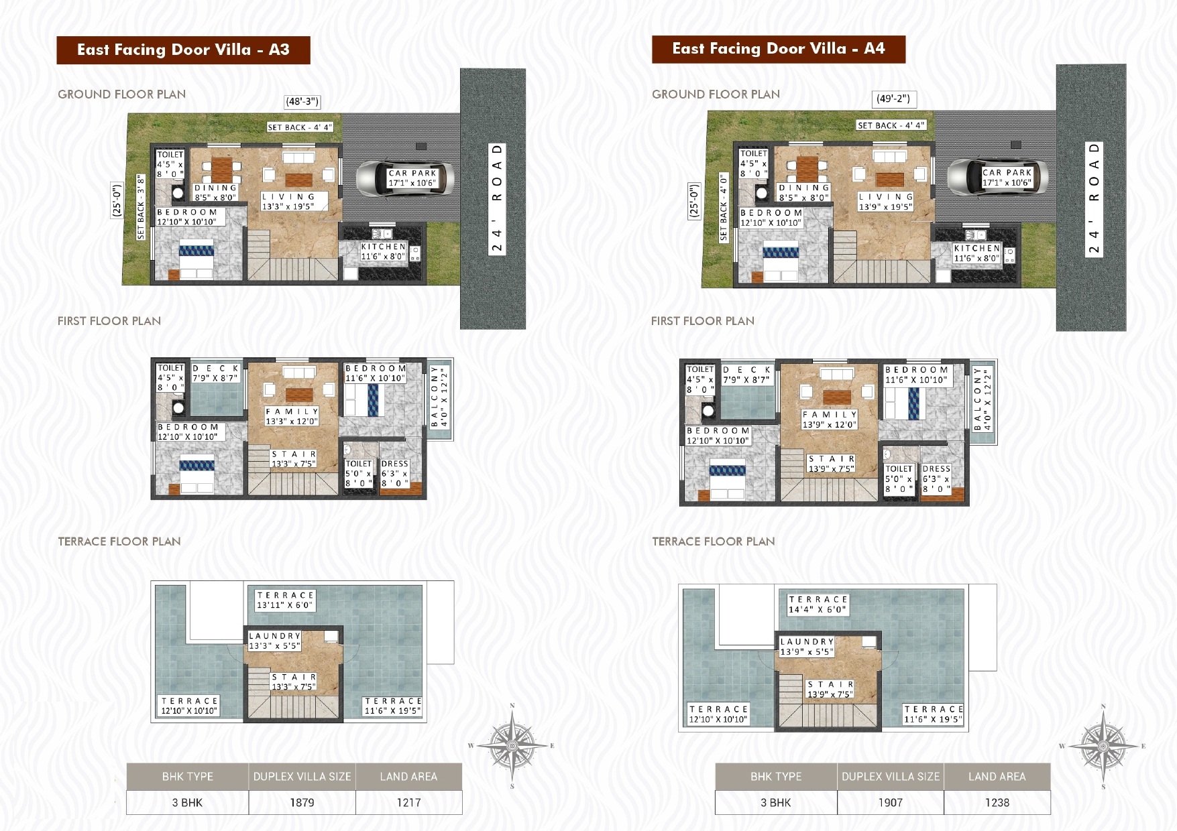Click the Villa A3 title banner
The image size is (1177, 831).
[183, 50]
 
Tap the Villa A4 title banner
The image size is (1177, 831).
[779, 49]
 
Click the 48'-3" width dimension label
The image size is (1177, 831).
[302, 102]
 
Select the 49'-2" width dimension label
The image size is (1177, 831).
[893, 99]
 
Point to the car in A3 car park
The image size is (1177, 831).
[404, 178]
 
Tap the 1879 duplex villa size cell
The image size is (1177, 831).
[302, 802]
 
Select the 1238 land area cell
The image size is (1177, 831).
[997, 802]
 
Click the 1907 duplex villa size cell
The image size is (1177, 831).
[891, 802]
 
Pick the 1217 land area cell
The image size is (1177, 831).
[408, 802]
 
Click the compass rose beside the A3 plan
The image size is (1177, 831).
[512, 745]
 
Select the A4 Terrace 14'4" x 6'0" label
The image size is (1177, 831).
[818, 604]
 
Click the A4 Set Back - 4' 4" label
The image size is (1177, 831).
[891, 125]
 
